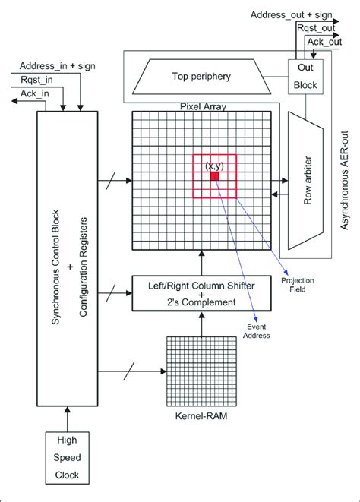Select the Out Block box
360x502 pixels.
point(303,75)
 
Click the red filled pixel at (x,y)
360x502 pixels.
point(215,175)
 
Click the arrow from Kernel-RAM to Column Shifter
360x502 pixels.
point(201,322)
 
